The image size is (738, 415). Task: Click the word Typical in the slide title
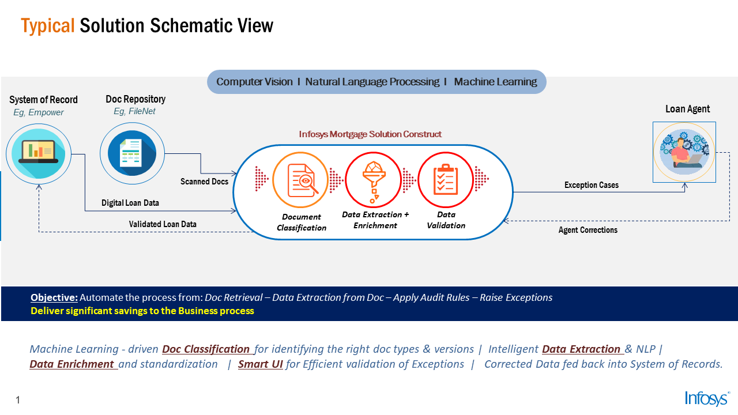(48, 27)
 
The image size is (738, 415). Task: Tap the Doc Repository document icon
(132, 153)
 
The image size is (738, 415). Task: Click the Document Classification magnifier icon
(300, 180)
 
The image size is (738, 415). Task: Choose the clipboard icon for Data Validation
(446, 180)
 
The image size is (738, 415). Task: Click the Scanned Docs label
(204, 182)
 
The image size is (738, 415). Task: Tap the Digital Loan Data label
(130, 203)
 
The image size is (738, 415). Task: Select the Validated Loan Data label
(163, 224)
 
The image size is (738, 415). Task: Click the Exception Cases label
(592, 185)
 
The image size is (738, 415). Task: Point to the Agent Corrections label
(588, 230)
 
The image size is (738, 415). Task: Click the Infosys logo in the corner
(707, 398)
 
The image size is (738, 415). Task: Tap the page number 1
(18, 400)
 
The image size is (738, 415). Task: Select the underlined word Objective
(54, 297)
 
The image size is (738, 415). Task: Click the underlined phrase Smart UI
(260, 364)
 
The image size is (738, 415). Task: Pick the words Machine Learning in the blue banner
(495, 82)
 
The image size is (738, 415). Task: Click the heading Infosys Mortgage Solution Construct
(370, 134)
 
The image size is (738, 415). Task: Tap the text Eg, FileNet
(134, 111)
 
